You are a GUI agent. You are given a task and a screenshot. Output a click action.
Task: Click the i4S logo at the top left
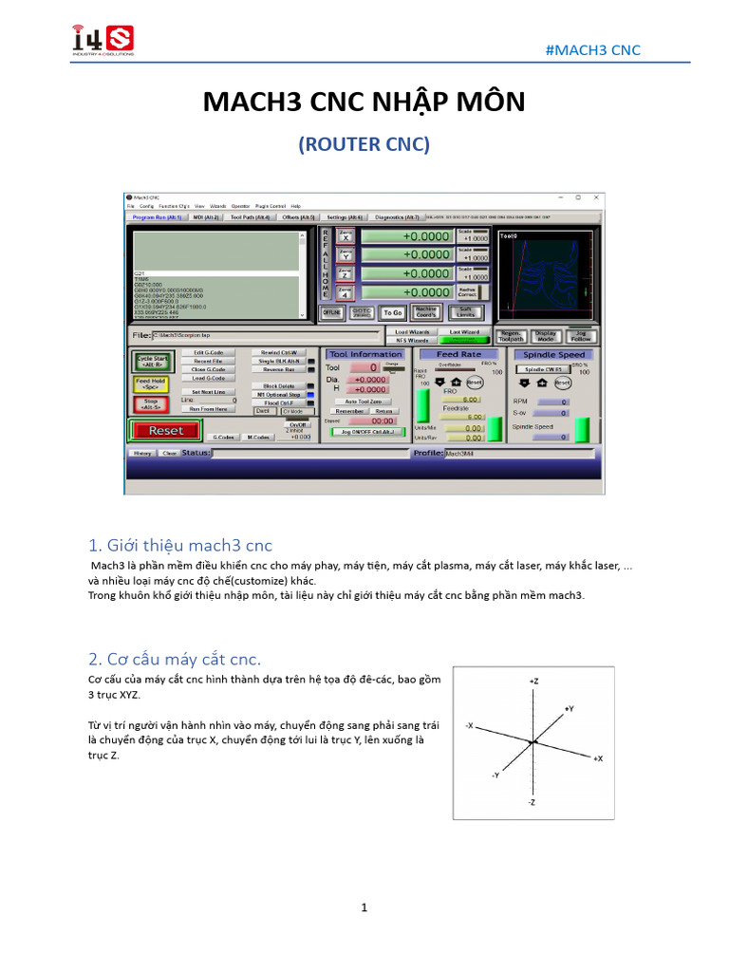pyautogui.click(x=103, y=40)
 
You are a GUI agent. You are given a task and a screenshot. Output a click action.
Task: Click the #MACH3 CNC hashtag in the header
pyautogui.click(x=593, y=49)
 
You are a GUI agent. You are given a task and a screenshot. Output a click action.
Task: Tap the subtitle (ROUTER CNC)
pyautogui.click(x=364, y=144)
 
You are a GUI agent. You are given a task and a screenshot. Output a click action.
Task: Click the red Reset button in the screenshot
pyautogui.click(x=166, y=430)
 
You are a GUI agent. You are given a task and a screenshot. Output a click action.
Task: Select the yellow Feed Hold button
pyautogui.click(x=150, y=383)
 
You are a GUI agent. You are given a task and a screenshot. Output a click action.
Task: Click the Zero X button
pyautogui.click(x=345, y=236)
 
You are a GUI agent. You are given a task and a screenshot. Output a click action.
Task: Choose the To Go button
pyautogui.click(x=392, y=311)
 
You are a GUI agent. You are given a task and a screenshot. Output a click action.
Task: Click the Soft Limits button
pyautogui.click(x=465, y=311)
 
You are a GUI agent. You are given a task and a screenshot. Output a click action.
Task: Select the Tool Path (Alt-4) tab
pyautogui.click(x=251, y=217)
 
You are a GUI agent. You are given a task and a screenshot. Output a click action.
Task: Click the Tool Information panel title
pyautogui.click(x=365, y=354)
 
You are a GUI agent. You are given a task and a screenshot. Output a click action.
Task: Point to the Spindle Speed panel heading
pyautogui.click(x=555, y=354)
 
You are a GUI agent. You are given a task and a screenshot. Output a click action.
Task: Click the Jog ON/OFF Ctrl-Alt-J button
pyautogui.click(x=365, y=431)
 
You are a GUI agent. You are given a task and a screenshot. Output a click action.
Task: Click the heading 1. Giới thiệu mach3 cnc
pyautogui.click(x=179, y=545)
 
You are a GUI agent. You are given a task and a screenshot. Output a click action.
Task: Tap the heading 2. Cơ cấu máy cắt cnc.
pyautogui.click(x=174, y=659)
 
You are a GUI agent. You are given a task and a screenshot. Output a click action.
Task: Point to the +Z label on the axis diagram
pyautogui.click(x=533, y=682)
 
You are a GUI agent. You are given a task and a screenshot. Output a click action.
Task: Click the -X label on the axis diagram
pyautogui.click(x=470, y=725)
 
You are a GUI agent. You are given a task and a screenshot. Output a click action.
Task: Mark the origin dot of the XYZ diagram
pyautogui.click(x=533, y=741)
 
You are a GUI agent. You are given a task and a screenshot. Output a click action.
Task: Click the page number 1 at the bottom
pyautogui.click(x=364, y=907)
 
